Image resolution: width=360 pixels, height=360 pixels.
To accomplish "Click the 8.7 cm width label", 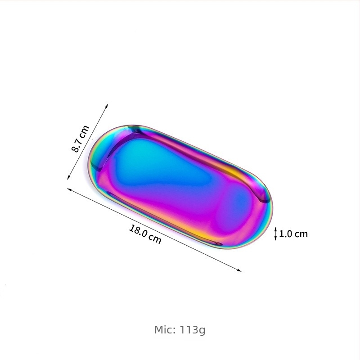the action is tap(81, 139).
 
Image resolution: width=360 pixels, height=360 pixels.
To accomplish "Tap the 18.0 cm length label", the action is tap(145, 234).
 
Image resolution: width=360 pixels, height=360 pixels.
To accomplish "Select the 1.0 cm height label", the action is tap(293, 234).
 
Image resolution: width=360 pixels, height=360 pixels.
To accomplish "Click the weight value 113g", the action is tap(192, 330).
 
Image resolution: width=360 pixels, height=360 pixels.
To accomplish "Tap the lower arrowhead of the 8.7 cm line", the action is tap(68, 177).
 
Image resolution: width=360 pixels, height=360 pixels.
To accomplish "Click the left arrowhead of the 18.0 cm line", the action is tap(69, 189).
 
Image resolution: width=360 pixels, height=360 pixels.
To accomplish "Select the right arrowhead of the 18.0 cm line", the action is tap(239, 270).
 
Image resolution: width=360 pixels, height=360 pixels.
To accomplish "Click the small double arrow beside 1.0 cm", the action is tap(276, 234).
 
